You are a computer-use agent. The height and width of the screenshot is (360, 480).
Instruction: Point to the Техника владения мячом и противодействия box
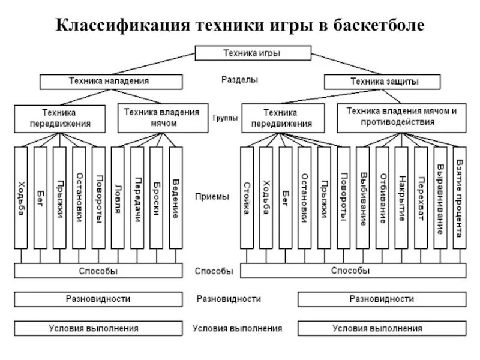pyautogui.click(x=401, y=116)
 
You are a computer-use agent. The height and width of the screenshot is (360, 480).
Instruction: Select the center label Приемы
pyautogui.click(x=212, y=196)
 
